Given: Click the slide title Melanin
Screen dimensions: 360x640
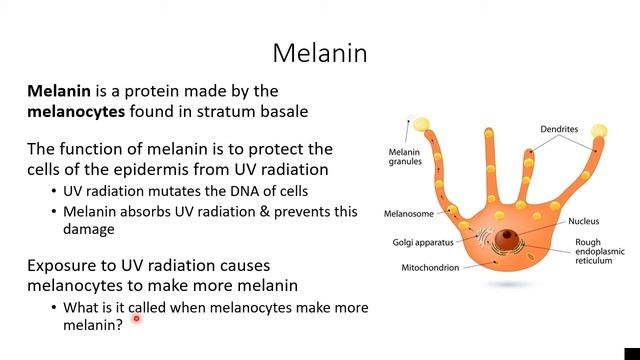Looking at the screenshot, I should coord(320,52).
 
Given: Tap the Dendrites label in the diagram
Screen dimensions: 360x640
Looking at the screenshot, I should coord(560,129).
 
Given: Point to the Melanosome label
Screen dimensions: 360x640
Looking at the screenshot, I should coord(408,213).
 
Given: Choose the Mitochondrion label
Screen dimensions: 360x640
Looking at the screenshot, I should coord(430,268).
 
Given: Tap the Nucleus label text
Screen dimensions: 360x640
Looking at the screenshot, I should coord(586,221).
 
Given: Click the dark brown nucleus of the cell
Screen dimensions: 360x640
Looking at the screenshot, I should coord(511,238).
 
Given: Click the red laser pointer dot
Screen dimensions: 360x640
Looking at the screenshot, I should coord(136,319).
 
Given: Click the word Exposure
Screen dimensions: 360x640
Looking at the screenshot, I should coord(62,266).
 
